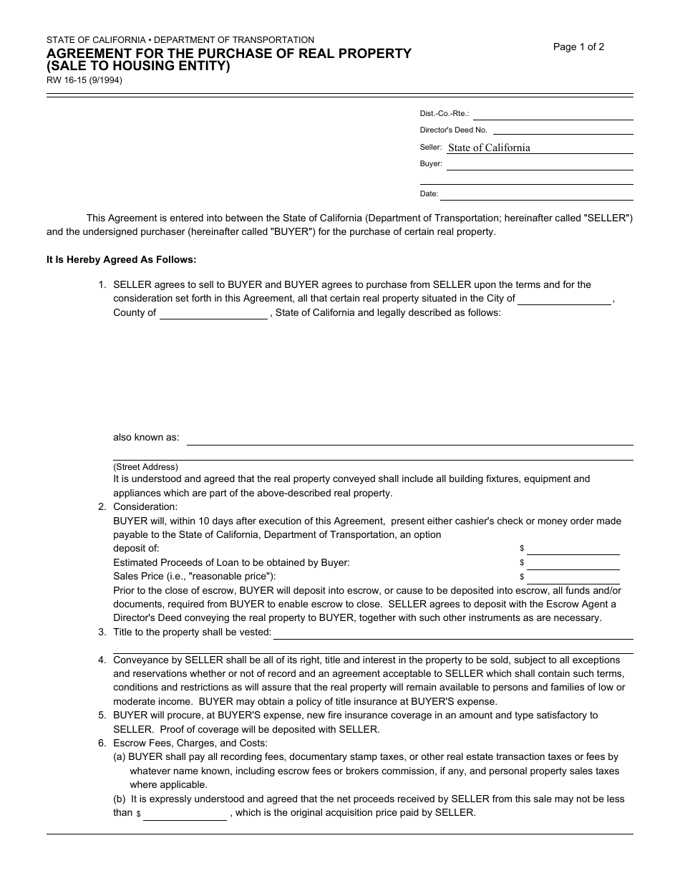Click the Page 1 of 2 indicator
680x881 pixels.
coord(578,47)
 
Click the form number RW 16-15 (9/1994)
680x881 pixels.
coord(84,81)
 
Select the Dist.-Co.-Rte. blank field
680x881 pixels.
coord(553,115)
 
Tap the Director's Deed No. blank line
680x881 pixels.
coord(563,130)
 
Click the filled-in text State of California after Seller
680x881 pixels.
coord(489,148)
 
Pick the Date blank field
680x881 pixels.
coord(536,195)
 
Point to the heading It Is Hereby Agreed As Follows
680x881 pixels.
coord(121,260)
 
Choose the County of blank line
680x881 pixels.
coord(213,314)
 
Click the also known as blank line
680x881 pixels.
coord(409,439)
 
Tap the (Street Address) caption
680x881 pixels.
coord(146,467)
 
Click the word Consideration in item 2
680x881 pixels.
coord(145,507)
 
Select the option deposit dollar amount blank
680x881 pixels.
coord(573,549)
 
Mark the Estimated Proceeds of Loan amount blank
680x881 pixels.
coord(573,564)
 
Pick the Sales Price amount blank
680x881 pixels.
coord(573,578)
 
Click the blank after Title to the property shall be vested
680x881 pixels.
coord(453,634)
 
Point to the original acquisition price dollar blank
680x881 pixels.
coord(185,814)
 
